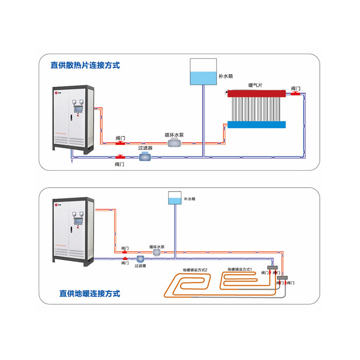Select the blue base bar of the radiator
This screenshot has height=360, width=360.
pyautogui.click(x=256, y=124)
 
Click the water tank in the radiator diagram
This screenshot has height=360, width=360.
pyautogui.click(x=204, y=72)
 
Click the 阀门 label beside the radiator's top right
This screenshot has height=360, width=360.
pyautogui.click(x=296, y=89)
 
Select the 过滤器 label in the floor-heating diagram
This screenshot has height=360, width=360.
pyautogui.click(x=140, y=265)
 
